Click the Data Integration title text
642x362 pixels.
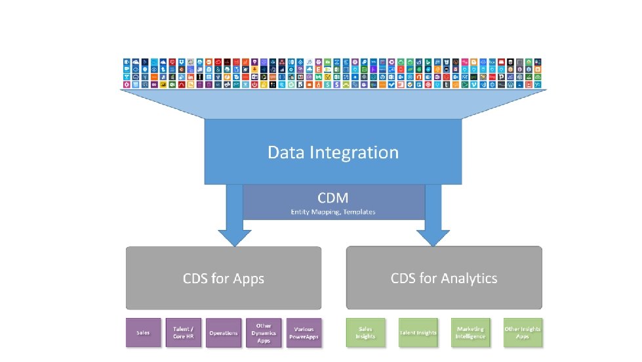[333, 152]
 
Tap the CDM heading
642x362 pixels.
[333, 197]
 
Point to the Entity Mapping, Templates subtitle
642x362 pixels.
[333, 212]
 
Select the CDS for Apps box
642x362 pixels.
[224, 278]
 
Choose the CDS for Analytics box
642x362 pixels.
[444, 278]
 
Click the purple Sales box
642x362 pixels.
[143, 333]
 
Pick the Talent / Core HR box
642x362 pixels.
[183, 333]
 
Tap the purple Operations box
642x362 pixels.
[224, 333]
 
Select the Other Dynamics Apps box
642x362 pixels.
[264, 333]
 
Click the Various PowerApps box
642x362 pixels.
[304, 333]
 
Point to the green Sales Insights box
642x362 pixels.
[365, 333]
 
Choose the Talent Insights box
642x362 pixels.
[418, 333]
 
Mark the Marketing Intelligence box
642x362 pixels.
[470, 333]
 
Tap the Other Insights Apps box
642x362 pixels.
[523, 333]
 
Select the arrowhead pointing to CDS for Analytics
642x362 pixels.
[433, 237]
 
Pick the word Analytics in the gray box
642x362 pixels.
[468, 279]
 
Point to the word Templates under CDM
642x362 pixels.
[361, 212]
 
